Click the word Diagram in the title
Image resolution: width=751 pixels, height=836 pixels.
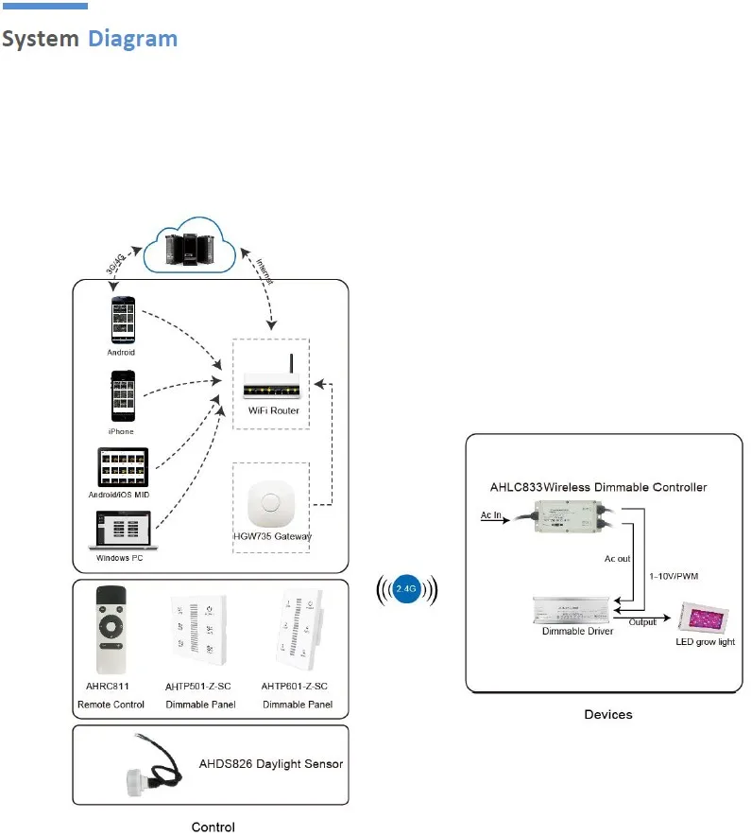tap(132, 39)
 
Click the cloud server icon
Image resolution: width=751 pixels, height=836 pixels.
tap(190, 246)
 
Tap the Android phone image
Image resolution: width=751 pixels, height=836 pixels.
tap(123, 320)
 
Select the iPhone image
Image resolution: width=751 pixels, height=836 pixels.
tap(123, 396)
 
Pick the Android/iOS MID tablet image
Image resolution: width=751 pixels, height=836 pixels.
tap(123, 467)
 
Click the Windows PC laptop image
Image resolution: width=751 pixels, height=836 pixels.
tap(123, 530)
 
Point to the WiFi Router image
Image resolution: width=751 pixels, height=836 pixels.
tap(272, 377)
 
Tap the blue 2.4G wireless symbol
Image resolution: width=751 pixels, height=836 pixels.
tap(406, 589)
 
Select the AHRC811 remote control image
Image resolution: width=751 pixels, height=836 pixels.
tap(111, 630)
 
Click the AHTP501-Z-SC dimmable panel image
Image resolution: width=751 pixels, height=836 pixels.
tap(198, 630)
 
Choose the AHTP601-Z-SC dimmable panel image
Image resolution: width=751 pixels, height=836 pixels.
tap(299, 629)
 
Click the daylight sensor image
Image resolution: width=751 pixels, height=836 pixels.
tap(154, 766)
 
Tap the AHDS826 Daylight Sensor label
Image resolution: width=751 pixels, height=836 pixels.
tap(271, 764)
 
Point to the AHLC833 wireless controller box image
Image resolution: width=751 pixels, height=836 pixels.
tap(569, 516)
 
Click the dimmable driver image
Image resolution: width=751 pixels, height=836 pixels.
tap(571, 610)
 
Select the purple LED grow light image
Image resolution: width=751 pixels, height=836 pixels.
tap(704, 618)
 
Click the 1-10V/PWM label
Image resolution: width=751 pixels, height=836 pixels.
tap(674, 576)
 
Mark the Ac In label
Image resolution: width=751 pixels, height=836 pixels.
tap(490, 515)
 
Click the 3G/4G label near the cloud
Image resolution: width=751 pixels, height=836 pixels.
tap(115, 264)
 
